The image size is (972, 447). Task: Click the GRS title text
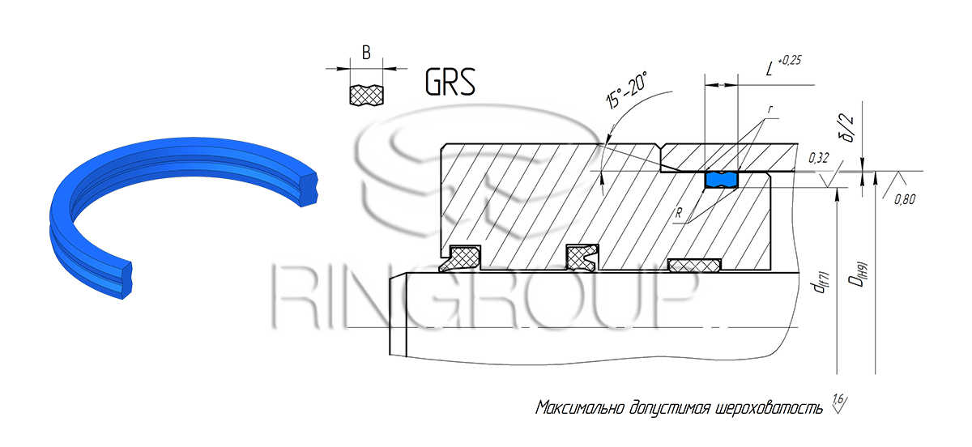[x=450, y=82]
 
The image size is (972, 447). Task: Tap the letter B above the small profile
[x=366, y=53]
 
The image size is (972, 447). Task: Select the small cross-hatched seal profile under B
[x=366, y=95]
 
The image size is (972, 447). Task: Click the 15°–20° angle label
[x=626, y=89]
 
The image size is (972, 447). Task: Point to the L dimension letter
[x=769, y=69]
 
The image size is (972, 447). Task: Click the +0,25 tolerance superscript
[x=790, y=60]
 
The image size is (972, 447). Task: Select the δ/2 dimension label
[x=847, y=129]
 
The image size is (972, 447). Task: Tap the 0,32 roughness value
[x=818, y=158]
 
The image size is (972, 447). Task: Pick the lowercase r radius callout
[x=770, y=109]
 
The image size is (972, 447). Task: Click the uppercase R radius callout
[x=679, y=213]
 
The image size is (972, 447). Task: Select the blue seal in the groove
[x=721, y=180]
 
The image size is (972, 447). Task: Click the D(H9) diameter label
[x=858, y=275]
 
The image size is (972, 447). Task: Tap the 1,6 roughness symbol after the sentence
[x=840, y=402]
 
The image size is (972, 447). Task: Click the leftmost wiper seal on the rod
[x=460, y=258]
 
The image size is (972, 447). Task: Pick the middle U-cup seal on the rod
[x=582, y=258]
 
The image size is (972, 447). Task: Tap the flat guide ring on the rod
[x=694, y=266]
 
